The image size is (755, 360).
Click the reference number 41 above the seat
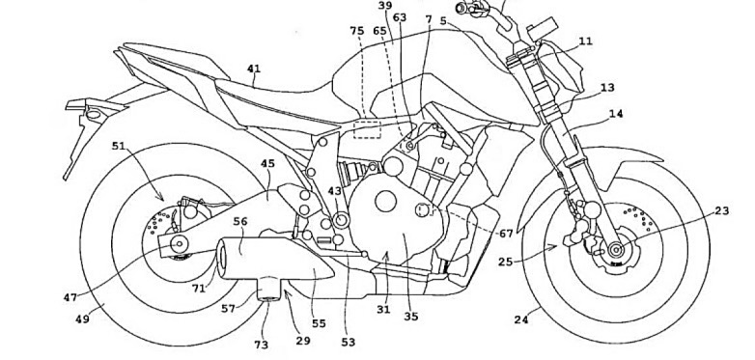click(x=254, y=69)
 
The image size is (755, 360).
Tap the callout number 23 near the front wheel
click(x=722, y=210)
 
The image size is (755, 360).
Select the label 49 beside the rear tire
click(x=83, y=318)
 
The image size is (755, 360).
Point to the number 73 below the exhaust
click(x=262, y=345)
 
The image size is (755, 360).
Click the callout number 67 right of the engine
click(x=506, y=234)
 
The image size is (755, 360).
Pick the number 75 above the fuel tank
click(x=357, y=31)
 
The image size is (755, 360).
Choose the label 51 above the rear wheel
click(x=119, y=146)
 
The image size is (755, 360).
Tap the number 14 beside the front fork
click(x=616, y=114)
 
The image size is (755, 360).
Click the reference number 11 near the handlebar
click(x=585, y=42)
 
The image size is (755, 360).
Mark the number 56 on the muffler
click(x=240, y=221)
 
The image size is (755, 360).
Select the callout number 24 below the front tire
click(x=521, y=319)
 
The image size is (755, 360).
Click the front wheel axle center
click(x=615, y=250)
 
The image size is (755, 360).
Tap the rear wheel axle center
click(x=180, y=244)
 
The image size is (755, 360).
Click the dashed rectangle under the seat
click(x=368, y=130)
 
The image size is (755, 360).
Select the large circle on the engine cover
click(x=385, y=201)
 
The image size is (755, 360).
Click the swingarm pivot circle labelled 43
click(x=343, y=220)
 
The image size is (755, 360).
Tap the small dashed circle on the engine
click(x=422, y=209)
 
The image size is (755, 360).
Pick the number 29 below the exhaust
click(x=303, y=341)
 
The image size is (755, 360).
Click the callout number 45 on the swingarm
click(x=267, y=164)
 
